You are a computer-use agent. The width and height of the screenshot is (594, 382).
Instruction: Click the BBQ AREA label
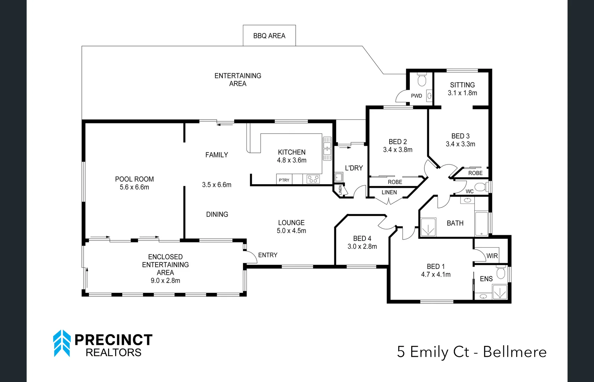coord(269,36)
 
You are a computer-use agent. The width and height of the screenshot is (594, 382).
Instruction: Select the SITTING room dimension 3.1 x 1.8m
coord(462,93)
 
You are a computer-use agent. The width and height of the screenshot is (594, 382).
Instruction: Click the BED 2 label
coord(397,141)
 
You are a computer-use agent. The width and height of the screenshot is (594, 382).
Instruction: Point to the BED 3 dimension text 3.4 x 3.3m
coord(460,144)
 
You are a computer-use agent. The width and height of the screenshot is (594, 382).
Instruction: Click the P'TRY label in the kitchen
coord(284,180)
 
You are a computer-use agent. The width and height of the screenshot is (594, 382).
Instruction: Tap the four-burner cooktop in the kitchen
coord(313,179)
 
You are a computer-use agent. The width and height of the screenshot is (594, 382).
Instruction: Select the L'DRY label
coord(354,168)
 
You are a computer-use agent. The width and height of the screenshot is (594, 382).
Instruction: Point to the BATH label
coord(455,223)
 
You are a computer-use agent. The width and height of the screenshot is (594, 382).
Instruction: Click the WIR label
coord(492,256)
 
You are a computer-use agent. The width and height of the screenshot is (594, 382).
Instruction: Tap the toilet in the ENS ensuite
coord(500,273)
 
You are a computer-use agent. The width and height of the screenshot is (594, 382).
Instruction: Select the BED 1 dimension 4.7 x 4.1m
coord(436,274)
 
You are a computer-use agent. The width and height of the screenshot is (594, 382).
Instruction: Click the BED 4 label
coord(362,238)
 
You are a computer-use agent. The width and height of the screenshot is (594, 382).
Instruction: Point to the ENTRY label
coord(267,255)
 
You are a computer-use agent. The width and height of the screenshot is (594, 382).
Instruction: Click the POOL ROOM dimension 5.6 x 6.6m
coord(134,187)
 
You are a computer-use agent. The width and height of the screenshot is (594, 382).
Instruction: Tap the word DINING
coord(217,214)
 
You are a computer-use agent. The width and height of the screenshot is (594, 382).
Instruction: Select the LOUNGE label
coord(291,222)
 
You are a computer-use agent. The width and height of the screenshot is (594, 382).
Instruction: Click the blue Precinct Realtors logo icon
coord(62,343)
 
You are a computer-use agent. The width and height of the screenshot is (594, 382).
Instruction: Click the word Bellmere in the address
coord(515,352)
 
